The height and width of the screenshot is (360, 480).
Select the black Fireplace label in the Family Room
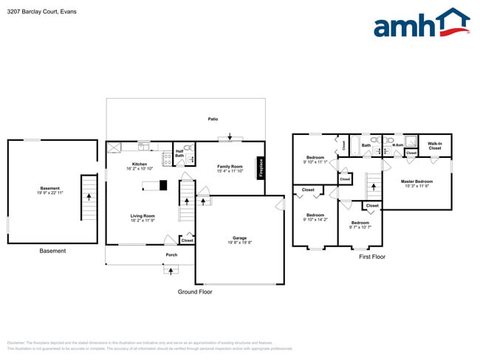pyautogui.click(x=260, y=167)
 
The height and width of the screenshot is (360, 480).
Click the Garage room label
pyautogui.click(x=239, y=238)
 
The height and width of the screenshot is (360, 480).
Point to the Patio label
pyautogui.click(x=213, y=119)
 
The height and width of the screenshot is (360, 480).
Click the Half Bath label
pyautogui.click(x=179, y=153)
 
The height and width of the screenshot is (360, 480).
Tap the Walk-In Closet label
pyautogui.click(x=435, y=146)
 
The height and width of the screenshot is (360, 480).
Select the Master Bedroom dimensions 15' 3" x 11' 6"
pyautogui.click(x=416, y=186)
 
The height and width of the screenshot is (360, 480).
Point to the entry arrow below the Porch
pyautogui.click(x=171, y=271)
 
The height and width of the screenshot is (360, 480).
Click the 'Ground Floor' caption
pyautogui.click(x=194, y=292)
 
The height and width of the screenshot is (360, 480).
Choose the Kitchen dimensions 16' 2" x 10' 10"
pyautogui.click(x=140, y=169)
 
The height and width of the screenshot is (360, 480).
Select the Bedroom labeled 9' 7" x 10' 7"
pyautogui.click(x=360, y=224)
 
